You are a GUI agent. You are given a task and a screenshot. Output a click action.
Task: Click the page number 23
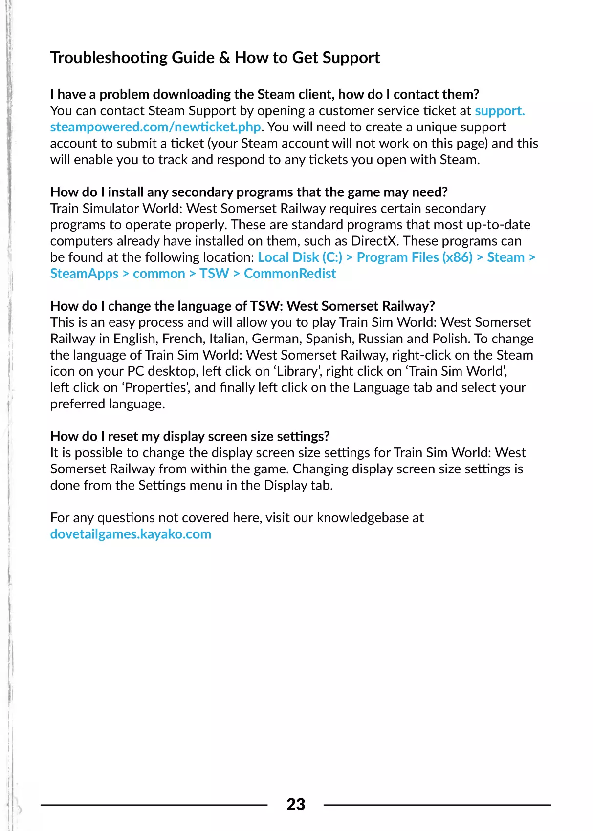[x=296, y=804]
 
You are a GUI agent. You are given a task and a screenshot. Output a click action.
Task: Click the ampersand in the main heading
[x=224, y=58]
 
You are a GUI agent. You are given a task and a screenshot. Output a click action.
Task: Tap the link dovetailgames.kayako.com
[x=131, y=534]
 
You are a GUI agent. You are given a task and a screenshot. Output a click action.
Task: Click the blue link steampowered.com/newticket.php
[x=155, y=127]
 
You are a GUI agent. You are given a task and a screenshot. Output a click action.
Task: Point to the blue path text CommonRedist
[x=290, y=274]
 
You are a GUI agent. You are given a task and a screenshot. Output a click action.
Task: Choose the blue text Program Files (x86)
[x=415, y=257]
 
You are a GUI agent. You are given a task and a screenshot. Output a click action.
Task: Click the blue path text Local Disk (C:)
[x=300, y=257]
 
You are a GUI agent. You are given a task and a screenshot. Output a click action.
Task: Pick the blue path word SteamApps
[x=85, y=274]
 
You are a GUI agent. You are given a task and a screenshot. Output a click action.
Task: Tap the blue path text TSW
[x=214, y=274]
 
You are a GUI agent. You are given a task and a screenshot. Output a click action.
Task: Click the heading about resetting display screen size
[x=190, y=436]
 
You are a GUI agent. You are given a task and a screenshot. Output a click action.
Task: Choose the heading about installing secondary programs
[x=249, y=192]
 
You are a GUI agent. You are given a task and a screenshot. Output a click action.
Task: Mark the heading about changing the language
[x=242, y=306]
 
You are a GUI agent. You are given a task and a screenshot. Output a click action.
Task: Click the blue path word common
[x=159, y=274]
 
